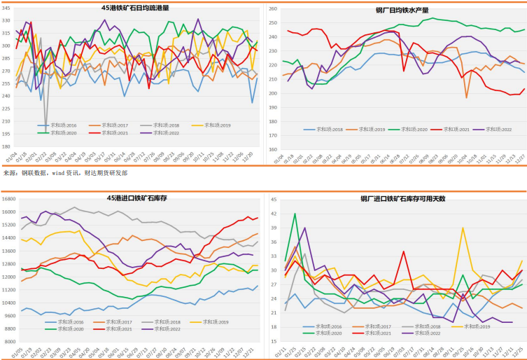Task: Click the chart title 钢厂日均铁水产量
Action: click(402, 11)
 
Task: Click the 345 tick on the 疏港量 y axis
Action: click(6, 8)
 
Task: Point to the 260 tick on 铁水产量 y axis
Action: click(272, 8)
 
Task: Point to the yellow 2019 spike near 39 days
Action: click(463, 228)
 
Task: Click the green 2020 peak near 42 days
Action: click(295, 214)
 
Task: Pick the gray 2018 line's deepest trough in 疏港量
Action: click(46, 125)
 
